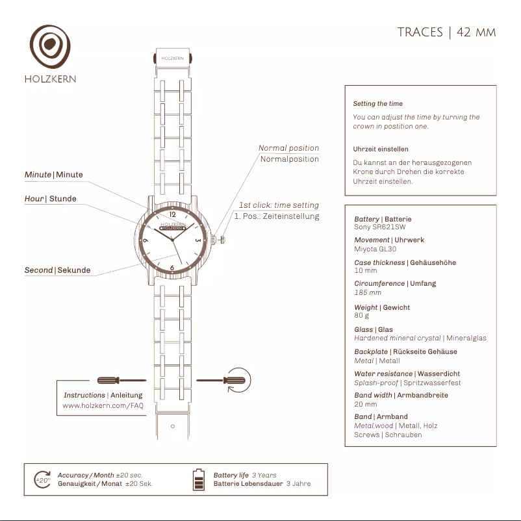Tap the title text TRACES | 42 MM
click(x=446, y=32)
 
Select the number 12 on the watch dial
click(x=172, y=214)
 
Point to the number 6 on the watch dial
click(x=172, y=267)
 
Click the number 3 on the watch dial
click(x=198, y=240)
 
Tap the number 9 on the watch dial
click(x=146, y=240)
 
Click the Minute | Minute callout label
click(x=54, y=175)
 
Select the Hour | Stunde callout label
click(x=50, y=199)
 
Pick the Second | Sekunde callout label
click(x=57, y=270)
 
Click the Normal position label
click(x=288, y=148)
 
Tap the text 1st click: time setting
click(x=279, y=205)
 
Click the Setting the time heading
click(x=377, y=104)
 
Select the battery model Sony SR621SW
click(x=379, y=227)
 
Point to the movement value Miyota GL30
click(x=375, y=249)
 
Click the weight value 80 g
click(x=361, y=316)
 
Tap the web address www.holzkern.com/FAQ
click(x=103, y=405)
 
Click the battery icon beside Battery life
click(x=199, y=479)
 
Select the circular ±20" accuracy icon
click(x=42, y=479)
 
